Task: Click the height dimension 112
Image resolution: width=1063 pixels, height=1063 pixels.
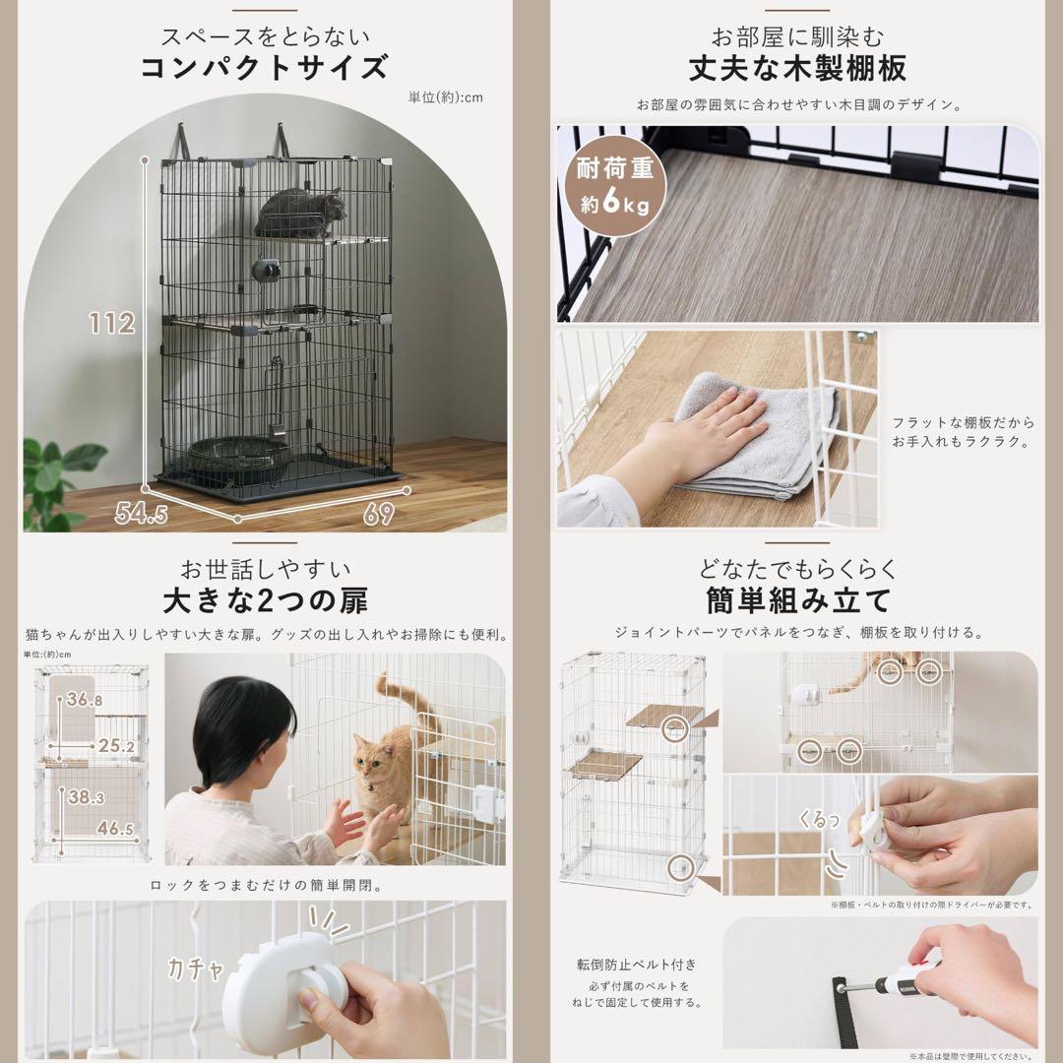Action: (x=110, y=323)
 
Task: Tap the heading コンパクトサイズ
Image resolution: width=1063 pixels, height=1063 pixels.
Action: (x=265, y=70)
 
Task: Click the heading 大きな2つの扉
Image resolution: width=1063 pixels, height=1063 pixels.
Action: (x=265, y=599)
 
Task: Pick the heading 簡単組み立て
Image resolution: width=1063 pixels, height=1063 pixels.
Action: (x=797, y=599)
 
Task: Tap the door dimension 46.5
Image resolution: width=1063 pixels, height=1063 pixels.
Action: (x=113, y=829)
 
